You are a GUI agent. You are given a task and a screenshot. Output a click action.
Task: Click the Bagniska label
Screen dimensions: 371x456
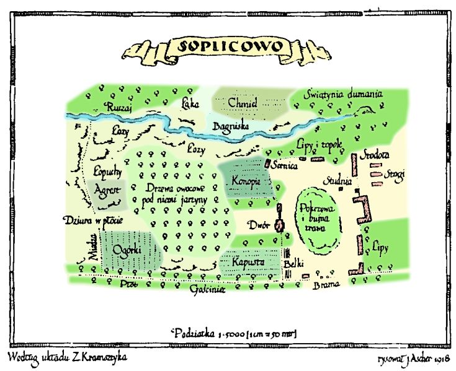[x=230, y=126]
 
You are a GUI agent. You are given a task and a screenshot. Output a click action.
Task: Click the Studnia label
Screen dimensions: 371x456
[x=341, y=182]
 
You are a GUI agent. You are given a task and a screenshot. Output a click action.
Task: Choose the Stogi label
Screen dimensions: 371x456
[x=394, y=175]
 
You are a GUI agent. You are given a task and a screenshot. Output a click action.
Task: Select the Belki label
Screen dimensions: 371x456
[x=292, y=265]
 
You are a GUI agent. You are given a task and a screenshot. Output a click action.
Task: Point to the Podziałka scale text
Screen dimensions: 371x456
[x=233, y=333]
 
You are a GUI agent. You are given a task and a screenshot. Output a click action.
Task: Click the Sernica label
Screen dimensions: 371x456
[x=285, y=166]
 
